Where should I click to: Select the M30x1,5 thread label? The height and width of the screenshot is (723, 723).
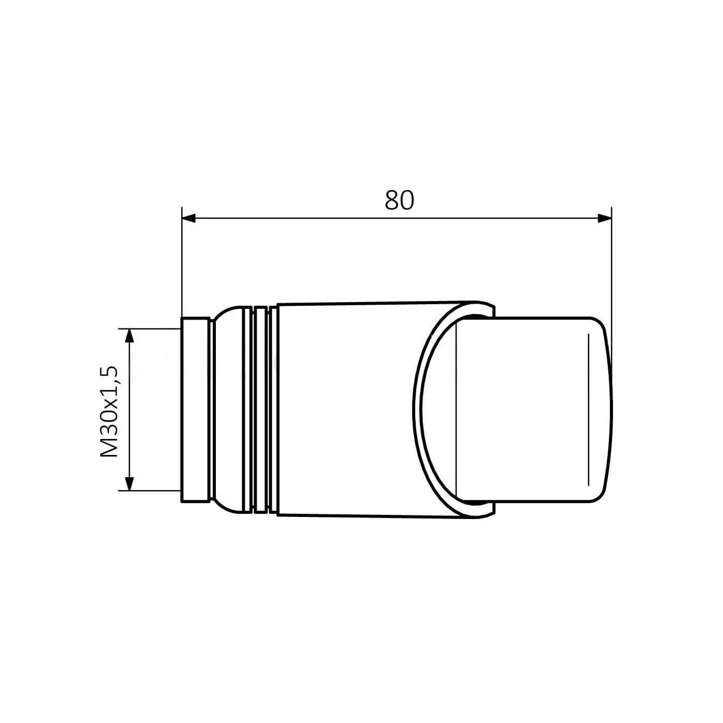109,411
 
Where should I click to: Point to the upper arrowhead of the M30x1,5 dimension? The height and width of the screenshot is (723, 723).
129,336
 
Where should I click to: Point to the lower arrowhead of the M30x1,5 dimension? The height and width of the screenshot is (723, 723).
129,483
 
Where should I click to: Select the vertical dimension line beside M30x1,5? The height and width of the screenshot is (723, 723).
129,410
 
